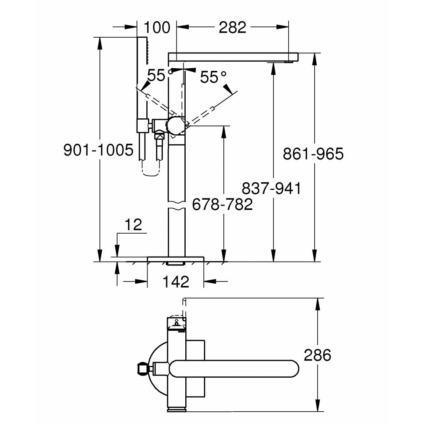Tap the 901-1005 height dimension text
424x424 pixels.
[98, 150]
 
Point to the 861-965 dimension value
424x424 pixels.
[313, 153]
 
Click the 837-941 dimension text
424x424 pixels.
[271, 188]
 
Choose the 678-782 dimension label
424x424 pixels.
[222, 204]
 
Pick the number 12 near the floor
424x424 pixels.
[134, 225]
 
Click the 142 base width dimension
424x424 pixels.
[176, 281]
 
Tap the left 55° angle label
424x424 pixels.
[160, 75]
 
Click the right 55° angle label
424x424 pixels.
[213, 77]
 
